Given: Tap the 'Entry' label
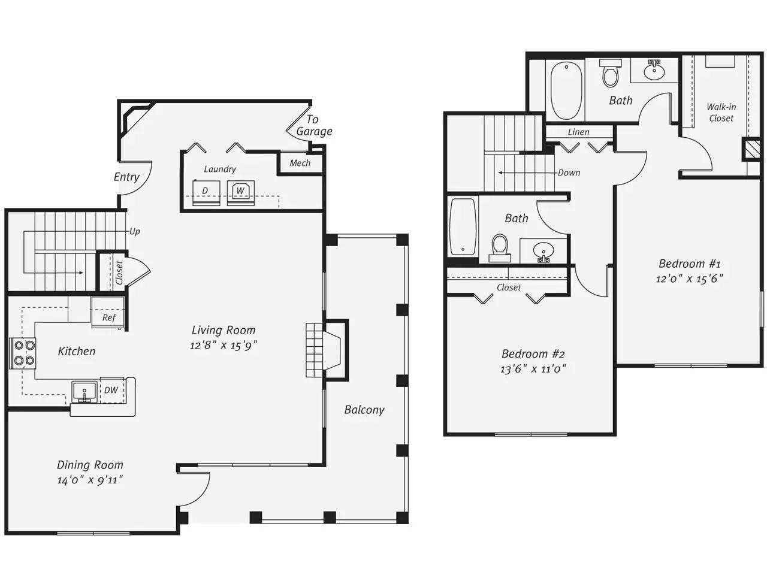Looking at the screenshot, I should tap(126, 177).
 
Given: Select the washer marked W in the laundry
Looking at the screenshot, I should tap(240, 192).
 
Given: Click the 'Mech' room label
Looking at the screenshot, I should tap(300, 163).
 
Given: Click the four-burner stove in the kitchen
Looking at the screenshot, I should tap(23, 353).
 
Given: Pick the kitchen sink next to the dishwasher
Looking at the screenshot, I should tap(84, 391).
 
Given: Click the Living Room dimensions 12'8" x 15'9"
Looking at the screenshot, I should tap(224, 345).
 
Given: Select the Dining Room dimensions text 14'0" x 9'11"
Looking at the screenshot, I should tap(90, 480).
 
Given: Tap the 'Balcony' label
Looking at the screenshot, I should tap(364, 410).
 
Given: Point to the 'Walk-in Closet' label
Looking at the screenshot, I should tap(721, 113).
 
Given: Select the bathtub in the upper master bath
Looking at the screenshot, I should tap(566, 90).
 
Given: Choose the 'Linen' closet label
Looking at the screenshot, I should tap(578, 132).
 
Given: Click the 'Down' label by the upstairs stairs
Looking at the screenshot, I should tap(569, 172).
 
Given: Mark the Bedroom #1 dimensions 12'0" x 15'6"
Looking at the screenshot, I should tap(689, 279).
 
